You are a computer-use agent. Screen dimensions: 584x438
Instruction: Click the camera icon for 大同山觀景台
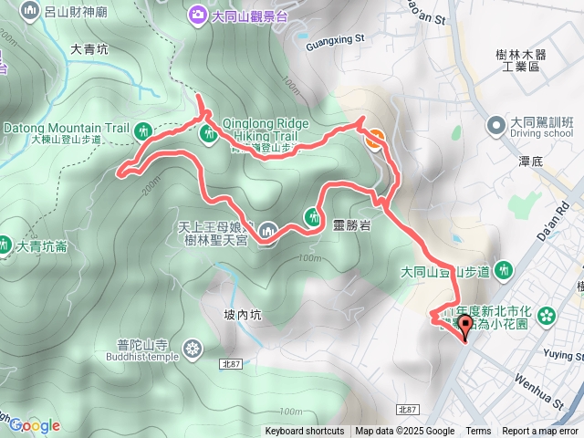(x=197, y=15)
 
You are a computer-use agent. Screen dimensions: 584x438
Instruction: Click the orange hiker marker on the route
(x=374, y=138)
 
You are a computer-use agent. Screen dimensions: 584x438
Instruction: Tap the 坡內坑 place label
(x=242, y=316)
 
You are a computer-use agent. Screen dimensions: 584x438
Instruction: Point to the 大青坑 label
(x=89, y=49)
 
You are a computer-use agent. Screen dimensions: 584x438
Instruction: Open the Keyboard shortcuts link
(x=305, y=432)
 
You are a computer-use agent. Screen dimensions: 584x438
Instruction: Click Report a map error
(x=541, y=432)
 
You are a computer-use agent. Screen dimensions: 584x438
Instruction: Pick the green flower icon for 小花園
(x=547, y=317)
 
